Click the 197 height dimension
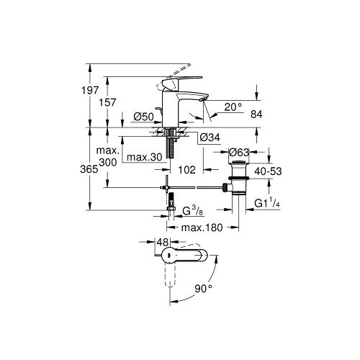point(90,91)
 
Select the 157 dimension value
point(107,102)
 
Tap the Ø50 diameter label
point(143,117)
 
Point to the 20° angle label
point(233,107)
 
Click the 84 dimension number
point(256,114)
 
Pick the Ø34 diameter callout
point(210,138)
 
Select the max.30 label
point(145,158)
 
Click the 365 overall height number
point(89,169)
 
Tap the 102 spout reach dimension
point(186,170)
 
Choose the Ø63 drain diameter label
point(239,152)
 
